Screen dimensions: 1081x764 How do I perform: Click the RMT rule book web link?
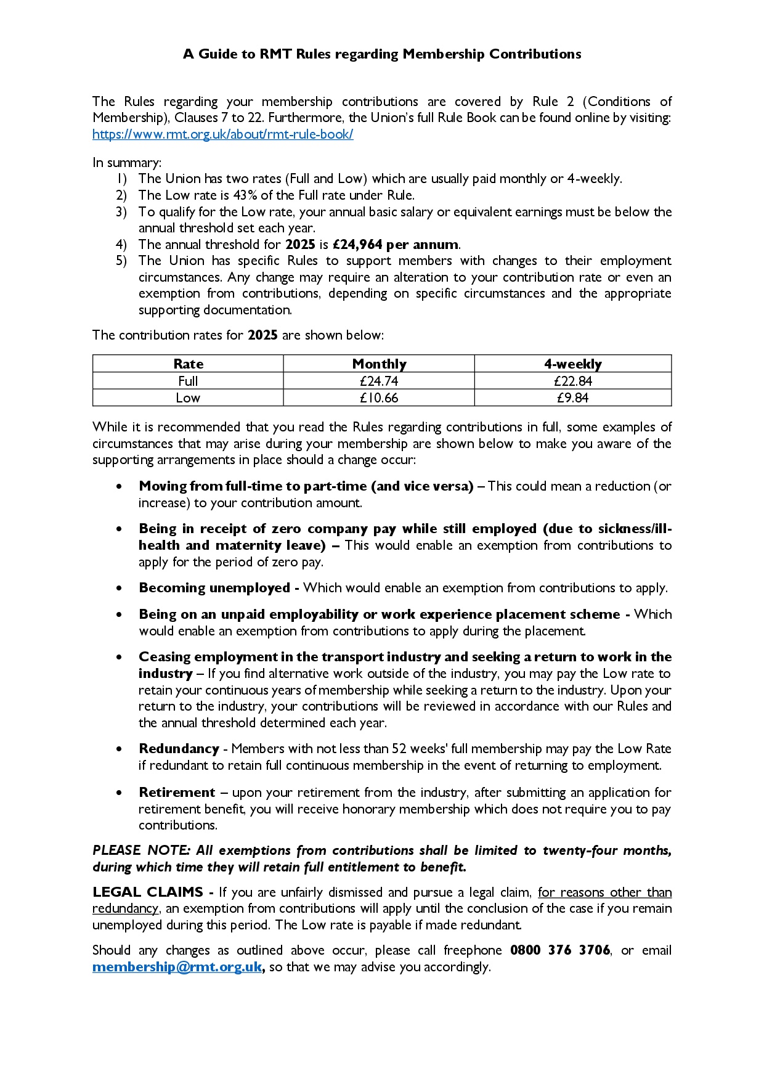pyautogui.click(x=222, y=134)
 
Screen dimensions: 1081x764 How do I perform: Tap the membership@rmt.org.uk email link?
pyautogui.click(x=177, y=966)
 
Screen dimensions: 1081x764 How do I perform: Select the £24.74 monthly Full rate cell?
pyautogui.click(x=379, y=381)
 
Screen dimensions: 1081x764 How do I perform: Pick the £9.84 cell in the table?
pyautogui.click(x=572, y=398)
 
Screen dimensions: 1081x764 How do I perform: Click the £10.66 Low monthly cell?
pyautogui.click(x=379, y=398)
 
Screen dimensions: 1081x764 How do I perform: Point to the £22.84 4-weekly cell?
pyautogui.click(x=572, y=381)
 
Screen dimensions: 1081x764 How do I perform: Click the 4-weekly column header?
pyautogui.click(x=572, y=364)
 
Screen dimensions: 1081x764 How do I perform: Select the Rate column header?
pyautogui.click(x=188, y=364)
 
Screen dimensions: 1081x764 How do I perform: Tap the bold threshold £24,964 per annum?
pyautogui.click(x=395, y=245)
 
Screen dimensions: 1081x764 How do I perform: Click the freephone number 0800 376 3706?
pyautogui.click(x=559, y=950)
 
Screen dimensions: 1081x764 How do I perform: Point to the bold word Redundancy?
pyautogui.click(x=179, y=749)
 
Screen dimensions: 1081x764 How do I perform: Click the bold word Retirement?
pyautogui.click(x=177, y=792)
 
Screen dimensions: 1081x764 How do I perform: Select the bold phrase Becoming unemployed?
pyautogui.click(x=214, y=588)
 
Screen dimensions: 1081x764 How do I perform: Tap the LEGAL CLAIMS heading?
pyautogui.click(x=148, y=892)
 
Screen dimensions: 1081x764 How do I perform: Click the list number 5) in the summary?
pyautogui.click(x=121, y=261)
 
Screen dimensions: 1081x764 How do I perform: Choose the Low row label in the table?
pyautogui.click(x=188, y=398)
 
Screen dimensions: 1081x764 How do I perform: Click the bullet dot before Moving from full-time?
pyautogui.click(x=119, y=486)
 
